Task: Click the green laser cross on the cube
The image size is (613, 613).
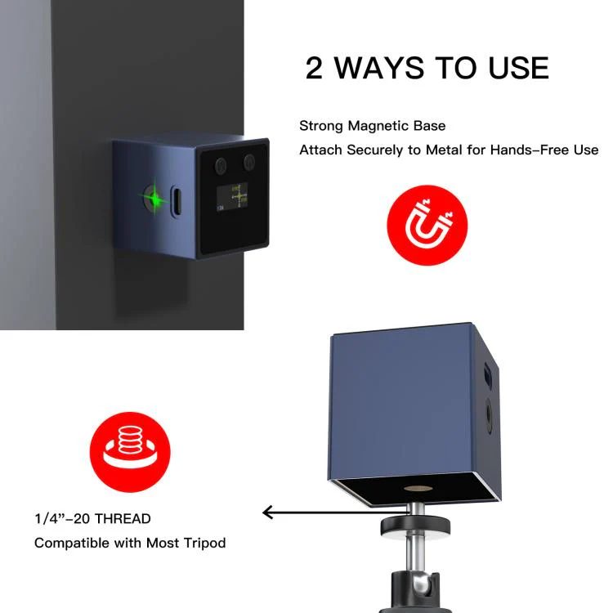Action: [155, 199]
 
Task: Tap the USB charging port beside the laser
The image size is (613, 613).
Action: [177, 201]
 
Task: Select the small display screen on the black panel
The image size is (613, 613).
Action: [232, 197]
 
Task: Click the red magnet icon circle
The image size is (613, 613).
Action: [427, 226]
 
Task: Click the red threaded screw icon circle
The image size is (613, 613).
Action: [130, 452]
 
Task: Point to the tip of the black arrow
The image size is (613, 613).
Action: [262, 512]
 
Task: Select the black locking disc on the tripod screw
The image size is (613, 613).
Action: [415, 526]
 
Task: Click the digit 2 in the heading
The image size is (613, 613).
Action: [314, 68]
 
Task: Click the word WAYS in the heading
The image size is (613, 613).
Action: [379, 68]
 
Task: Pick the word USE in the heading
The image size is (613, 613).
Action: [519, 68]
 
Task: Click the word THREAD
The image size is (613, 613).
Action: [123, 519]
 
